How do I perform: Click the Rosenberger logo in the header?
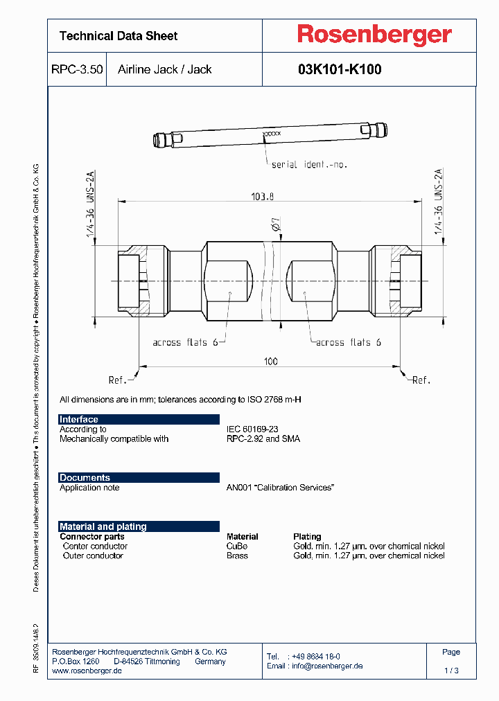[x=374, y=35]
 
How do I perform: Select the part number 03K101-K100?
[x=340, y=69]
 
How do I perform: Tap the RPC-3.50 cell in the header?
[x=77, y=69]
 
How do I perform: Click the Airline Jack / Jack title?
[x=165, y=69]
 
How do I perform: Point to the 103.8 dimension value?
[x=263, y=197]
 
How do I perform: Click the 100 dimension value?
[x=270, y=361]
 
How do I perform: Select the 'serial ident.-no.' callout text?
[x=308, y=165]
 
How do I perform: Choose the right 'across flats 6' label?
[x=348, y=342]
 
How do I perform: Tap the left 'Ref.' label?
[x=118, y=380]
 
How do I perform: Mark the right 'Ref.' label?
[x=421, y=380]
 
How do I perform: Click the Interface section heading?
[x=79, y=419]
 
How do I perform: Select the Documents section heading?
[x=85, y=477]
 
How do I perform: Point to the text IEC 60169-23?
[x=252, y=429]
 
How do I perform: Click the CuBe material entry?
[x=237, y=546]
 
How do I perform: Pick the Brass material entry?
[x=237, y=556]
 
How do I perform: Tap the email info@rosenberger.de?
[x=326, y=666]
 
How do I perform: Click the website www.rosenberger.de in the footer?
[x=87, y=671]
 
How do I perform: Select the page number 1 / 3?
[x=451, y=671]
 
